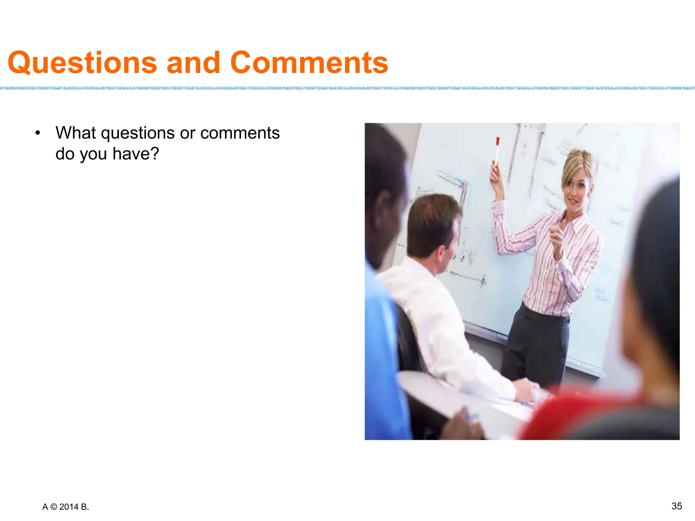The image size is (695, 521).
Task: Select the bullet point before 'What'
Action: [x=38, y=133]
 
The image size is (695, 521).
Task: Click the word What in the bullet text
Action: [x=76, y=133]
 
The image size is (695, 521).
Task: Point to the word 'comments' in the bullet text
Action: [x=240, y=133]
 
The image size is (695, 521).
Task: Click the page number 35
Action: [x=677, y=506]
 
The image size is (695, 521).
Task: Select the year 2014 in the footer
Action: [x=69, y=507]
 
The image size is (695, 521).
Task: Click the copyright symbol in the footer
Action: [x=54, y=507]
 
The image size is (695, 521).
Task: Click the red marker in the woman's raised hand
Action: [x=497, y=150]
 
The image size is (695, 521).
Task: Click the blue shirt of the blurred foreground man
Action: [x=383, y=356]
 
